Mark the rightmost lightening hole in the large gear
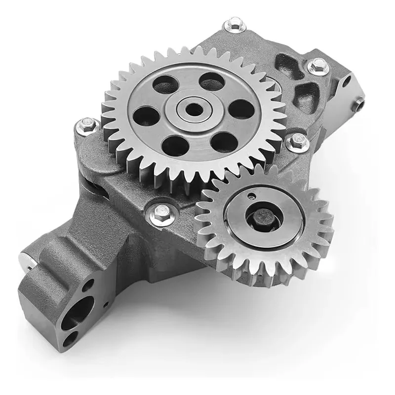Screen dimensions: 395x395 (241, 110)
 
